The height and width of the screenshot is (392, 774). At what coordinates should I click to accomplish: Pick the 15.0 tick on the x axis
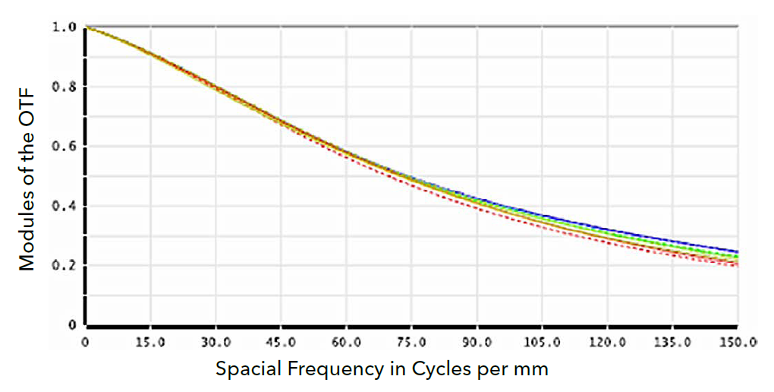click(x=150, y=343)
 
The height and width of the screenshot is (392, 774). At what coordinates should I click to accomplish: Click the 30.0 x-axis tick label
click(x=216, y=343)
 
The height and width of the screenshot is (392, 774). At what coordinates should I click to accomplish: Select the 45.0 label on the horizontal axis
click(x=281, y=343)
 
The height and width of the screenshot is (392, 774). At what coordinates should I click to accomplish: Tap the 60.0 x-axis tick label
click(x=346, y=343)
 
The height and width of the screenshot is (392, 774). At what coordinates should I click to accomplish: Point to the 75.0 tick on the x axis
click(x=411, y=343)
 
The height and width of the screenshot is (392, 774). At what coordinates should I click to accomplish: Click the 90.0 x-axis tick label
click(x=477, y=343)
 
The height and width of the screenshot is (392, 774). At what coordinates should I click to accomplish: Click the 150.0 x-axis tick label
click(x=738, y=343)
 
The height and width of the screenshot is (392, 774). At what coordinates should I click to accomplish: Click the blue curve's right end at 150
click(x=737, y=251)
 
